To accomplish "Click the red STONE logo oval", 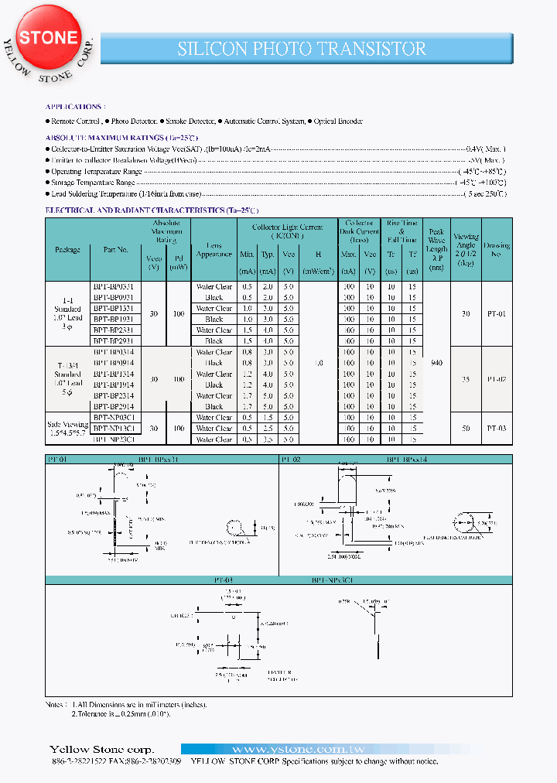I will pyautogui.click(x=48, y=37).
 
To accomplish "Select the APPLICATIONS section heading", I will pyautogui.click(x=75, y=107).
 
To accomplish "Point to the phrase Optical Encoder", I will pyautogui.click(x=338, y=121).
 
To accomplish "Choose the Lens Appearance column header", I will pyautogui.click(x=214, y=250).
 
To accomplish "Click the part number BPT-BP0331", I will pyautogui.click(x=114, y=286).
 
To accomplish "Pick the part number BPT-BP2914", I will pyautogui.click(x=114, y=406).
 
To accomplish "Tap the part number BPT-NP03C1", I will pyautogui.click(x=114, y=417).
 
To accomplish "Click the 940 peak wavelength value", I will pyautogui.click(x=437, y=362).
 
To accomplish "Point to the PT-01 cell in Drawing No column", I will pyautogui.click(x=495, y=313).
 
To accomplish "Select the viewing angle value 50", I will pyautogui.click(x=465, y=428).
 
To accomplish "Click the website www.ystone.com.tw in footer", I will pyautogui.click(x=298, y=749).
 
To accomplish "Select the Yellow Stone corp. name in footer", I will pyautogui.click(x=101, y=749).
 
